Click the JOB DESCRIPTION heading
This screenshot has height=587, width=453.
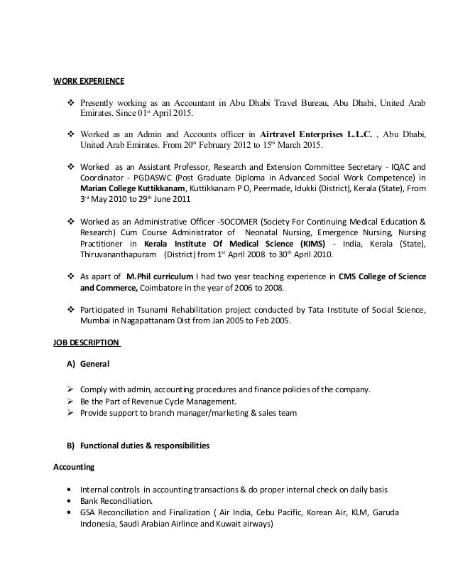tap(87, 343)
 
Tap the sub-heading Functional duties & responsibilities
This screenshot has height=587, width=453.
tap(144, 446)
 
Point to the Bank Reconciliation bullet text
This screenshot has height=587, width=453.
tap(116, 500)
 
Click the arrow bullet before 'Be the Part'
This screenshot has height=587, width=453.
tap(71, 402)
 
